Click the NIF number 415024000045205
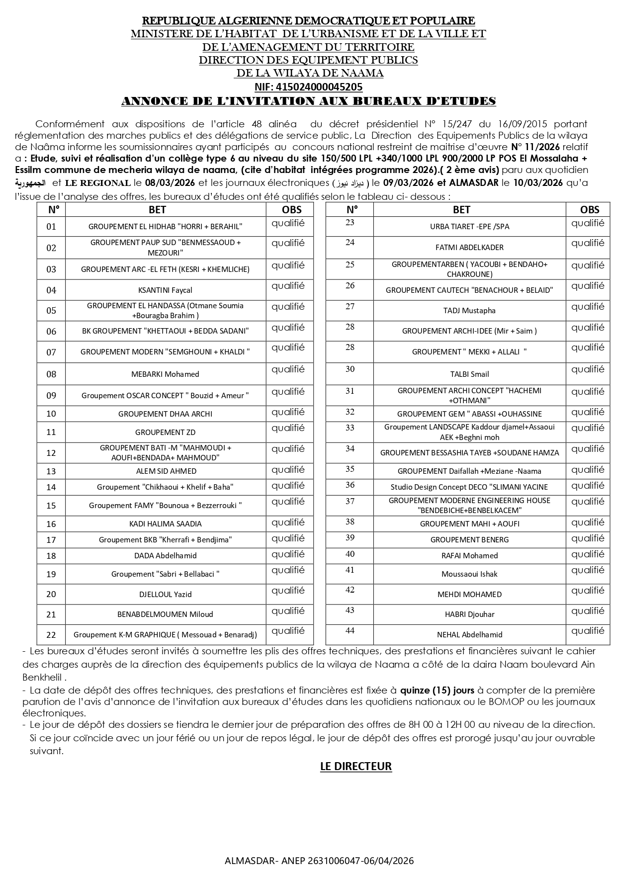[x=308, y=87]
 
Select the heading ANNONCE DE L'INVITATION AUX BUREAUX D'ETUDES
[x=308, y=101]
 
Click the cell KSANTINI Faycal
[x=165, y=290]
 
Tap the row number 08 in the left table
[x=51, y=374]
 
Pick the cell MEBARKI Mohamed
[x=165, y=374]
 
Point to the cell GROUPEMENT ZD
[x=165, y=433]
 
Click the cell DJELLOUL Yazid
[x=165, y=595]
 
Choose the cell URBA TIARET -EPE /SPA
[x=469, y=227]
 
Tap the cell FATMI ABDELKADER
[x=469, y=248]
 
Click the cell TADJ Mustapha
[x=469, y=311]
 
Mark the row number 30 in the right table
[x=350, y=369]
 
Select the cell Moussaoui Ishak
[x=469, y=574]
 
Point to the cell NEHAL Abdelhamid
[x=469, y=635]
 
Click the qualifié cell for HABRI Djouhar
[x=588, y=611]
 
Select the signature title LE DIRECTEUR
[x=356, y=767]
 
